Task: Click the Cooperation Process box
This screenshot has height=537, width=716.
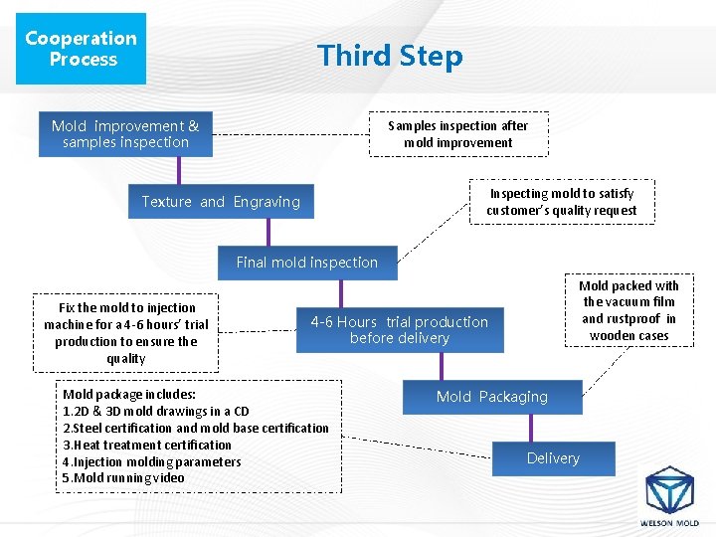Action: [x=83, y=49]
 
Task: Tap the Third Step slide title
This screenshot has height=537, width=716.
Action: [x=390, y=56]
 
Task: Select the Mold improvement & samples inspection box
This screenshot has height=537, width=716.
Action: [x=125, y=134]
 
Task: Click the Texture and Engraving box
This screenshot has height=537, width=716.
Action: [x=221, y=202]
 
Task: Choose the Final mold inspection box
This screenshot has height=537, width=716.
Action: [x=307, y=263]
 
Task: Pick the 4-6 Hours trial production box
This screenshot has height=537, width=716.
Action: [x=400, y=330]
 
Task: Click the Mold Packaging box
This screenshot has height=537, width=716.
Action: [x=492, y=397]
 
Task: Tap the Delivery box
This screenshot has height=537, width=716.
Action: [x=553, y=458]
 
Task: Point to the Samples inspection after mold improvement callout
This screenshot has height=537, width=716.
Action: [x=457, y=134]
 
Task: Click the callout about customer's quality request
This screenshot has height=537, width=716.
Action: [x=562, y=202]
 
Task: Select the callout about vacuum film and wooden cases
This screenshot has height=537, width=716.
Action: [x=628, y=310]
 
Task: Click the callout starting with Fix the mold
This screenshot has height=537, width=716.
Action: [x=126, y=333]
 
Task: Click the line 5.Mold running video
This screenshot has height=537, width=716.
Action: [x=123, y=478]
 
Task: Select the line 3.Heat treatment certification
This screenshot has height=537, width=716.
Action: [x=147, y=445]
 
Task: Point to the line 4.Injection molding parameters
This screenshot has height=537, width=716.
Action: [x=152, y=461]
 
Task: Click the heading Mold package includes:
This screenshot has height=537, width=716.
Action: [x=129, y=394]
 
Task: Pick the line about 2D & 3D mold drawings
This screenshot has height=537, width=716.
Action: [x=156, y=411]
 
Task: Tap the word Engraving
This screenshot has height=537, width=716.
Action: [x=267, y=202]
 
